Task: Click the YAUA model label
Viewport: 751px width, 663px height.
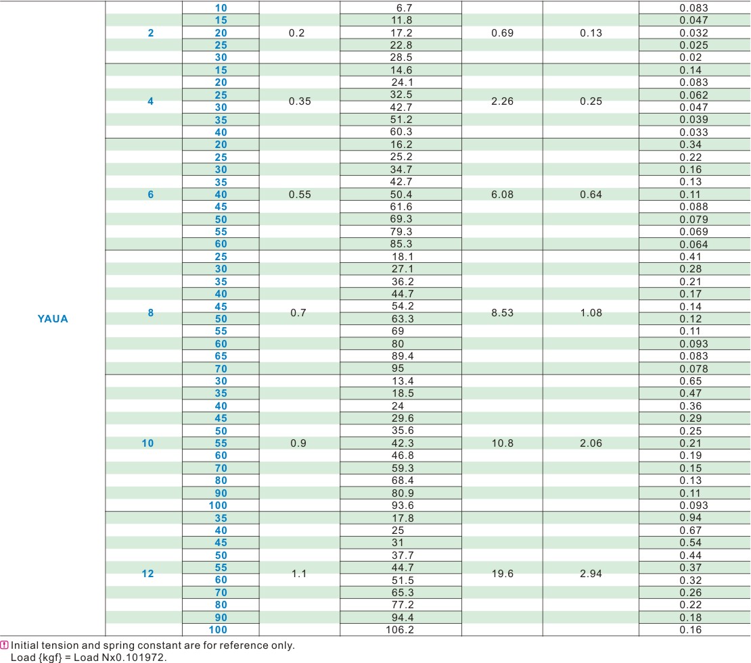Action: (x=53, y=319)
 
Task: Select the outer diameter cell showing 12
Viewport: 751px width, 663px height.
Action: (x=147, y=574)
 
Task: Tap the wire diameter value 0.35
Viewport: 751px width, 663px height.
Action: (x=299, y=101)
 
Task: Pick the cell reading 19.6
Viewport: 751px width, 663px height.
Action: (x=502, y=574)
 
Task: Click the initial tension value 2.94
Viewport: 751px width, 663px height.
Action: (x=591, y=574)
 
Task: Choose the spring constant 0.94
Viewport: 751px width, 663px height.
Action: (x=690, y=518)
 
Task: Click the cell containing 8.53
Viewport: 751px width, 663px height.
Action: (x=502, y=313)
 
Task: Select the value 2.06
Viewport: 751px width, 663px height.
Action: (x=591, y=443)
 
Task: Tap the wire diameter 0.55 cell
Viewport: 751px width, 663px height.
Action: (x=299, y=195)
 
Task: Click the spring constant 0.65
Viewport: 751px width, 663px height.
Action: (x=690, y=381)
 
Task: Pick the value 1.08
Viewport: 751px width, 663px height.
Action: (x=591, y=313)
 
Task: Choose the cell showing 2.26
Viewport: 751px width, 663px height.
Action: (x=502, y=101)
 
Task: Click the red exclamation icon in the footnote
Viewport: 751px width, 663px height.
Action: (x=5, y=645)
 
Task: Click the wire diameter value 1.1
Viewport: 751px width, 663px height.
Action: (x=299, y=574)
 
